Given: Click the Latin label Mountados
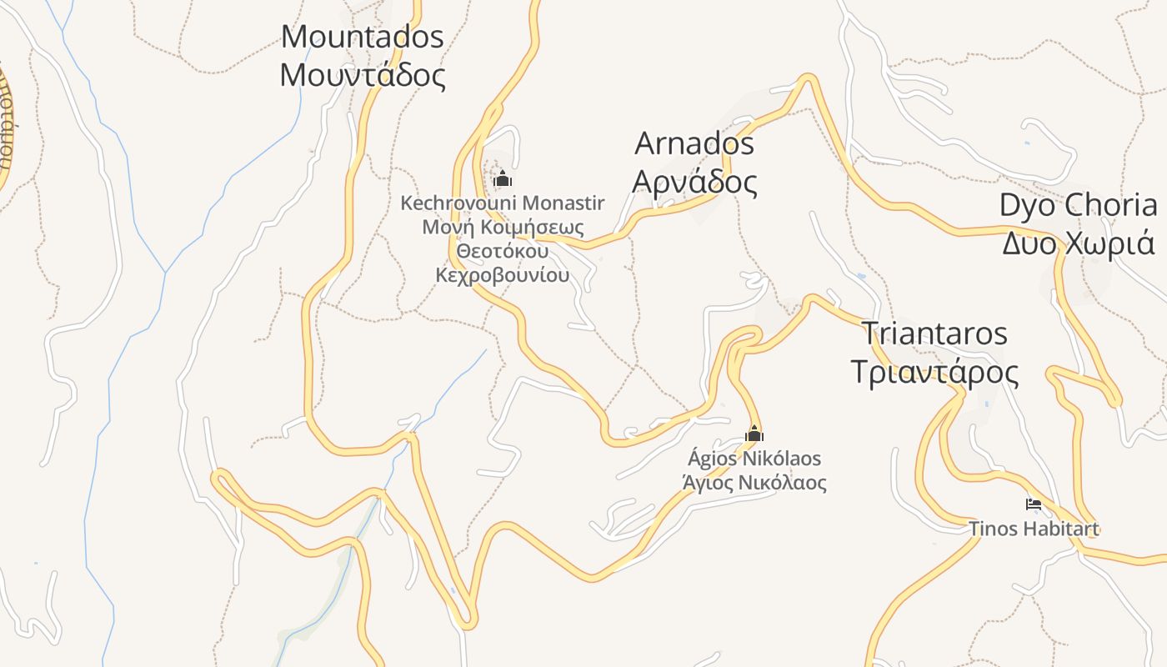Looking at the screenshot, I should (363, 38).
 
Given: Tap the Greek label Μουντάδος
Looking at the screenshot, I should (363, 75).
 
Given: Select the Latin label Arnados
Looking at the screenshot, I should (694, 143).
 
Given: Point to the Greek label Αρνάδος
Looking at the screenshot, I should (694, 182).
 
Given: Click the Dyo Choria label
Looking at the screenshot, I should (1078, 205).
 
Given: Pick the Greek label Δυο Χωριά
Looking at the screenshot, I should (1078, 243).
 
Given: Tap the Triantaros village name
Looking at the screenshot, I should (934, 333).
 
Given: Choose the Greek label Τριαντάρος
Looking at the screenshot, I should (934, 372).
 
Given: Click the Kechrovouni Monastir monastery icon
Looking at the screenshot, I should (502, 179).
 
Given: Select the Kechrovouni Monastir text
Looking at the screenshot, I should (503, 203).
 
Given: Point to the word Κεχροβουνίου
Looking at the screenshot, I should (503, 275).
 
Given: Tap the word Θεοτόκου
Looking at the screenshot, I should (503, 251).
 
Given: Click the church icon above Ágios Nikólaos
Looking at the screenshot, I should (754, 434).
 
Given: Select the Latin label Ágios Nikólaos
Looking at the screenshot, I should (754, 459).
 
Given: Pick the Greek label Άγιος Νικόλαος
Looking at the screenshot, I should (754, 483).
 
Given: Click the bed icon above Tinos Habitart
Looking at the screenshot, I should (1034, 504).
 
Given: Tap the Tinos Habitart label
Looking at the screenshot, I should (1034, 529).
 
